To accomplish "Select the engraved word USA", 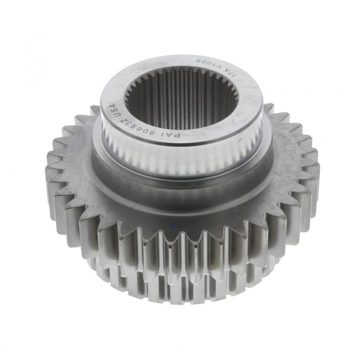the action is (x=113, y=111).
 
